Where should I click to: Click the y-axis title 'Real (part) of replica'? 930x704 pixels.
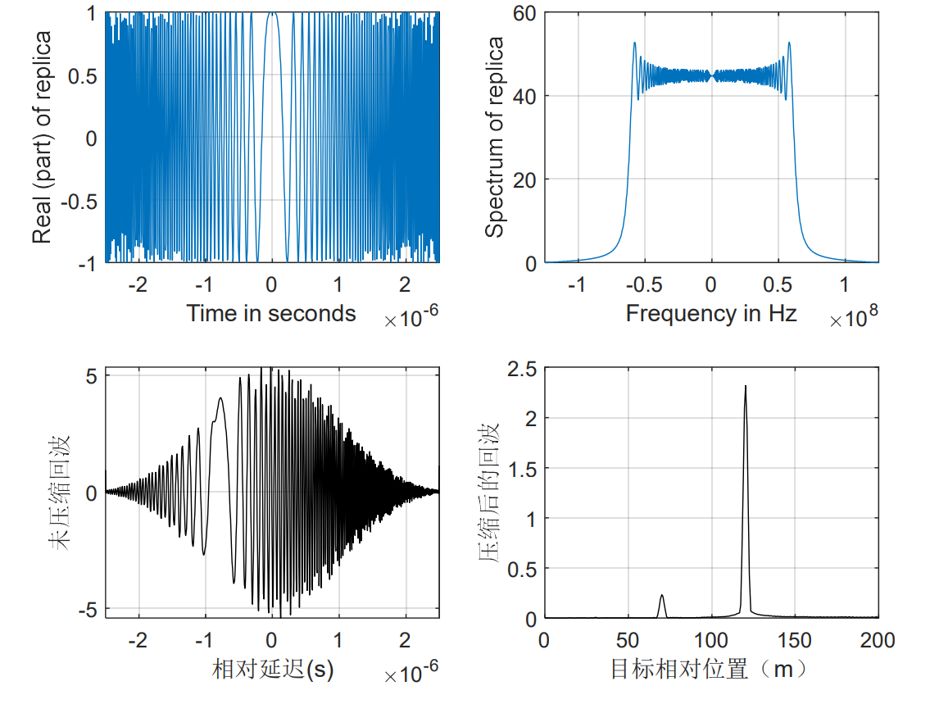(43, 137)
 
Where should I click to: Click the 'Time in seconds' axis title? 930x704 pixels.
(271, 313)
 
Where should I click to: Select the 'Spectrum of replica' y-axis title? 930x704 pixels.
(495, 137)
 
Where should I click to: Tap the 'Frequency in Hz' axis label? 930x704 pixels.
(711, 313)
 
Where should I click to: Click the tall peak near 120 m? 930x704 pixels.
(746, 387)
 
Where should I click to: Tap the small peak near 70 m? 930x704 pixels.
(662, 596)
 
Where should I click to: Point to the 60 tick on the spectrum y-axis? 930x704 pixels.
(524, 13)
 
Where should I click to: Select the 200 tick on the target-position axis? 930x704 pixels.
(878, 640)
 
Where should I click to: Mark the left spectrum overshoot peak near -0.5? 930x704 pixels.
(634, 43)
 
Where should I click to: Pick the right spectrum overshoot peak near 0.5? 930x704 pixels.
(789, 43)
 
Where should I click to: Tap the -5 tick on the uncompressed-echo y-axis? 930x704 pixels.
(88, 610)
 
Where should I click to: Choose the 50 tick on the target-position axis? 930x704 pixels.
(628, 640)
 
